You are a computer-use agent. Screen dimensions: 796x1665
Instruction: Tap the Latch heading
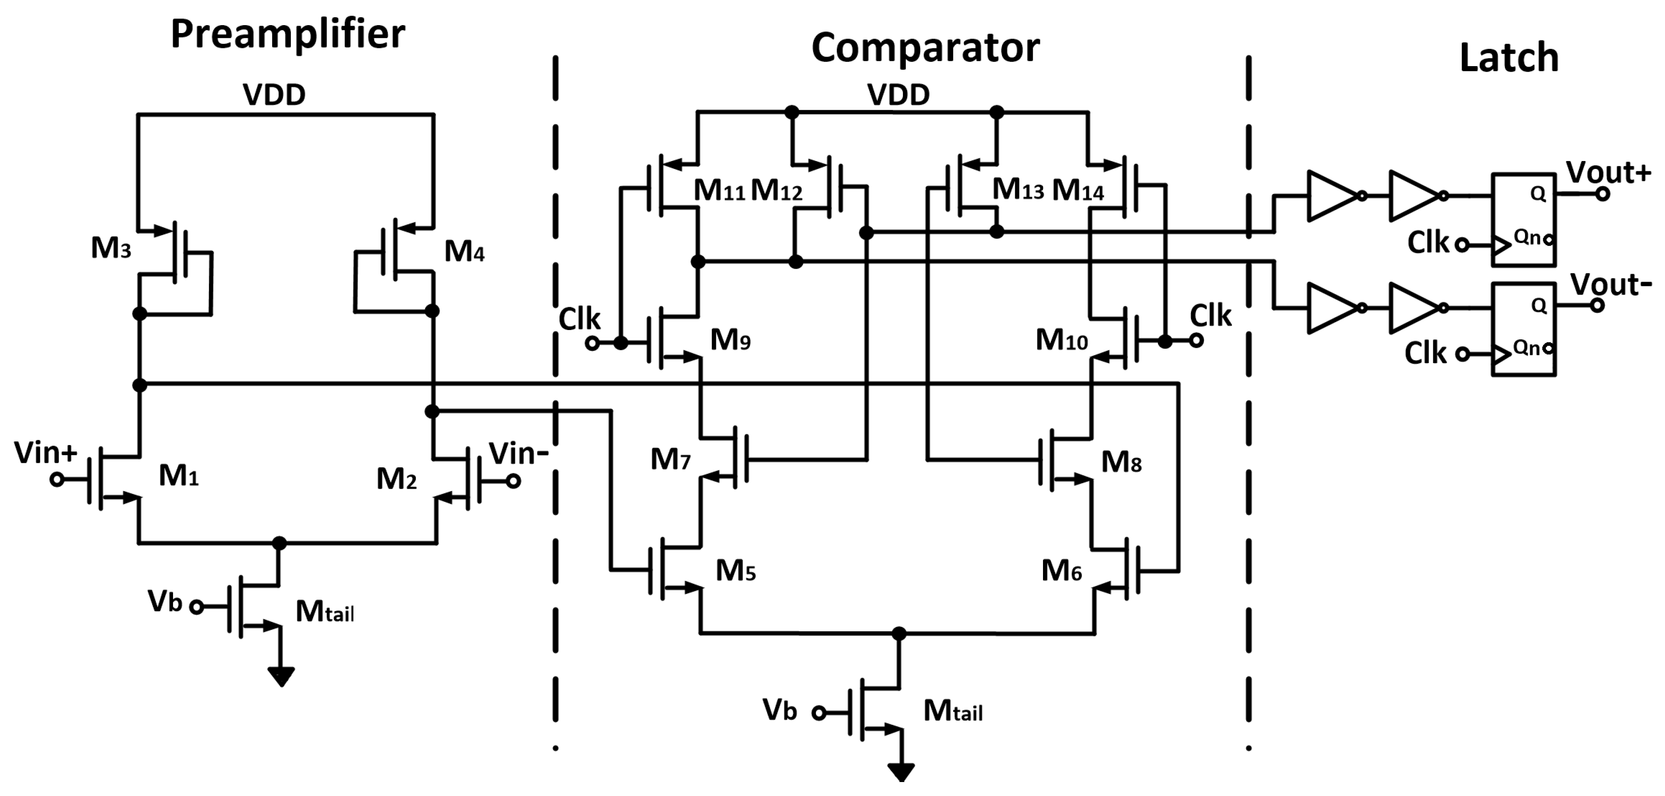pos(1509,57)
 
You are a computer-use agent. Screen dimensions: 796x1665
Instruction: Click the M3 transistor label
pos(111,248)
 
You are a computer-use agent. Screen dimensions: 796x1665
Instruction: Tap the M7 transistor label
pos(670,459)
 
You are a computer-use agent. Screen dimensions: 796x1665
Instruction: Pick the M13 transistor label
pos(1017,189)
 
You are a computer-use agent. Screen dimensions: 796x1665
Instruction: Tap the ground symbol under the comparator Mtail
pos(901,772)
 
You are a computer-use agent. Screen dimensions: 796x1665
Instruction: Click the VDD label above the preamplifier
pos(274,95)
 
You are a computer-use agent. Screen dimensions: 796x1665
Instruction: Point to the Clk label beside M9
pos(579,319)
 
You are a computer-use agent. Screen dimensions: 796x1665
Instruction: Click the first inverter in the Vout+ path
pos(1333,196)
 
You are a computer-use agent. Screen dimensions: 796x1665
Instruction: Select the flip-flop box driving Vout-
pos(1523,329)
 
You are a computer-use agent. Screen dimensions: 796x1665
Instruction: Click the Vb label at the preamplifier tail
pos(166,601)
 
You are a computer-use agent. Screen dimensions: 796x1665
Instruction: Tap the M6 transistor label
pos(1061,570)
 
